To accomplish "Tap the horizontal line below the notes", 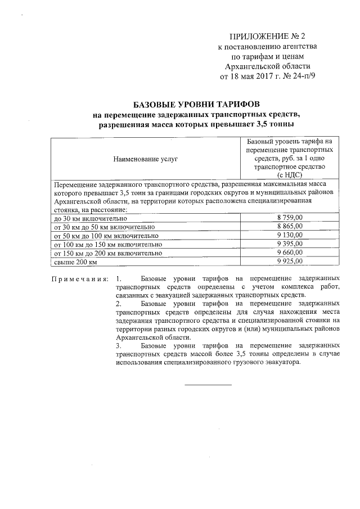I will point(208,385).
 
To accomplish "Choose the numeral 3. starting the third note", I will point(118,345).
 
